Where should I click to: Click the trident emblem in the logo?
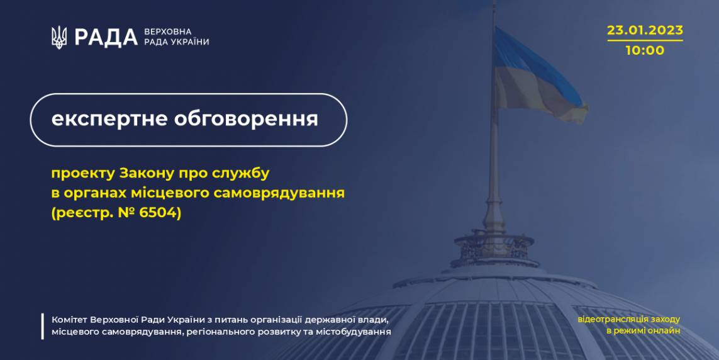[x=59, y=38]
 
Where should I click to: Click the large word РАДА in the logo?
[x=106, y=38]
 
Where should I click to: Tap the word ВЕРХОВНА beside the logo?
[x=168, y=31]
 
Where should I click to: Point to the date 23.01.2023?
[x=645, y=30]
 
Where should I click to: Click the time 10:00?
[x=645, y=50]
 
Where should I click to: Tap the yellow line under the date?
[x=645, y=40]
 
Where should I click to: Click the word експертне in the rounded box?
[x=109, y=119]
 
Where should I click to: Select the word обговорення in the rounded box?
[x=246, y=119]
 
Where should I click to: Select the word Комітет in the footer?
[x=69, y=320]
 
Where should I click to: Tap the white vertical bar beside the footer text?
[x=43, y=326]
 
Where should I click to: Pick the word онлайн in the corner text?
[x=665, y=330]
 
